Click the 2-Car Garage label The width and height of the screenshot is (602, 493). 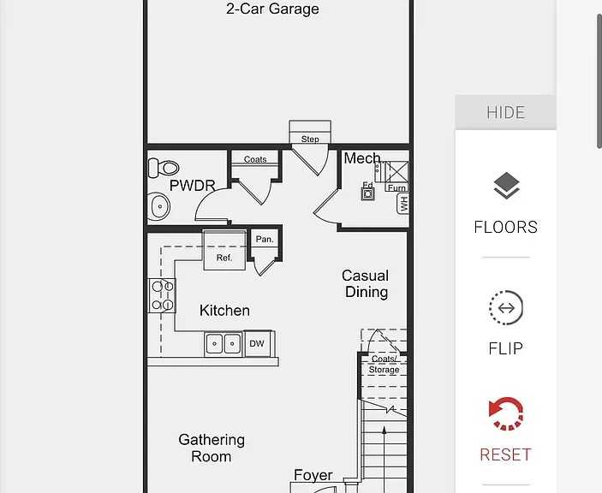272,9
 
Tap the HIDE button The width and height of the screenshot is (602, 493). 505,112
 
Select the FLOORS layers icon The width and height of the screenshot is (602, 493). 505,187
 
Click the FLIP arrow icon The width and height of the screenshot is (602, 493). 505,308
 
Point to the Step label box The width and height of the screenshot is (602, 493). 310,139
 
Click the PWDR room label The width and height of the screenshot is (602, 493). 186,185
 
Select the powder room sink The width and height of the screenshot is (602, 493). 159,206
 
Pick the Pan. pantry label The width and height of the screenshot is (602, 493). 265,240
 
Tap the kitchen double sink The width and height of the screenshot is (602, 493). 224,344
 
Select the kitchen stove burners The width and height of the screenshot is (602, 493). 163,295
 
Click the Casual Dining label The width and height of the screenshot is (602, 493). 366,283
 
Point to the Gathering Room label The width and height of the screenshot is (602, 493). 212,448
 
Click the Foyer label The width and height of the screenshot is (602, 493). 313,475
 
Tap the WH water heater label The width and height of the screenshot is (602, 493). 403,204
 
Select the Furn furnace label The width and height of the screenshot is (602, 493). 396,187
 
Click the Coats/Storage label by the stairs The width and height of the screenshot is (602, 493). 384,365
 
